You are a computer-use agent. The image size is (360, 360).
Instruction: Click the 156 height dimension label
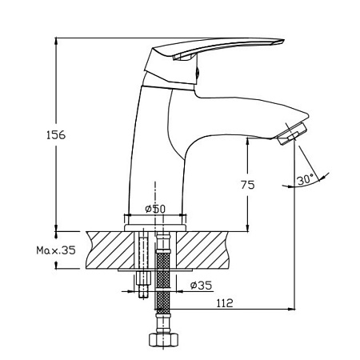click(56, 135)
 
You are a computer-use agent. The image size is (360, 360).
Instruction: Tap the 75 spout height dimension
click(248, 185)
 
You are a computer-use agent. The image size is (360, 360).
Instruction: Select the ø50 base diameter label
click(155, 209)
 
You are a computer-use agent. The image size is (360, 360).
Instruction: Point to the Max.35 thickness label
click(56, 250)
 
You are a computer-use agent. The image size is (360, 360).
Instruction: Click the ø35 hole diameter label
click(202, 286)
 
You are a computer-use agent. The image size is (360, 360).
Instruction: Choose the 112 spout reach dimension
click(225, 303)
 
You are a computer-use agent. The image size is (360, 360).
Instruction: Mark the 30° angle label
click(306, 179)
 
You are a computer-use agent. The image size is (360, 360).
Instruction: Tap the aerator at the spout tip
click(293, 134)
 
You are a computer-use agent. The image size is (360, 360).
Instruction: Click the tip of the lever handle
click(283, 41)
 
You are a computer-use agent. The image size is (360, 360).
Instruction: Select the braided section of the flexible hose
click(163, 282)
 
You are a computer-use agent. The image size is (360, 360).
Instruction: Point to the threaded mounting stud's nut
click(143, 278)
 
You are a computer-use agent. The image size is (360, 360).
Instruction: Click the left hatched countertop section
click(110, 250)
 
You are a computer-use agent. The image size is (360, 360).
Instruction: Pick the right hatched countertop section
click(202, 250)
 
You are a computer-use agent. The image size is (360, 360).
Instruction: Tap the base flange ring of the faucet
click(155, 228)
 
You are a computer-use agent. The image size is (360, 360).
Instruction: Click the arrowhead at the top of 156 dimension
click(56, 42)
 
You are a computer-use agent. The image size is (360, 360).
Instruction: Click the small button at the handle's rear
click(198, 71)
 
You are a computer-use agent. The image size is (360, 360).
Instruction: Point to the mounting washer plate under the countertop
click(155, 270)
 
